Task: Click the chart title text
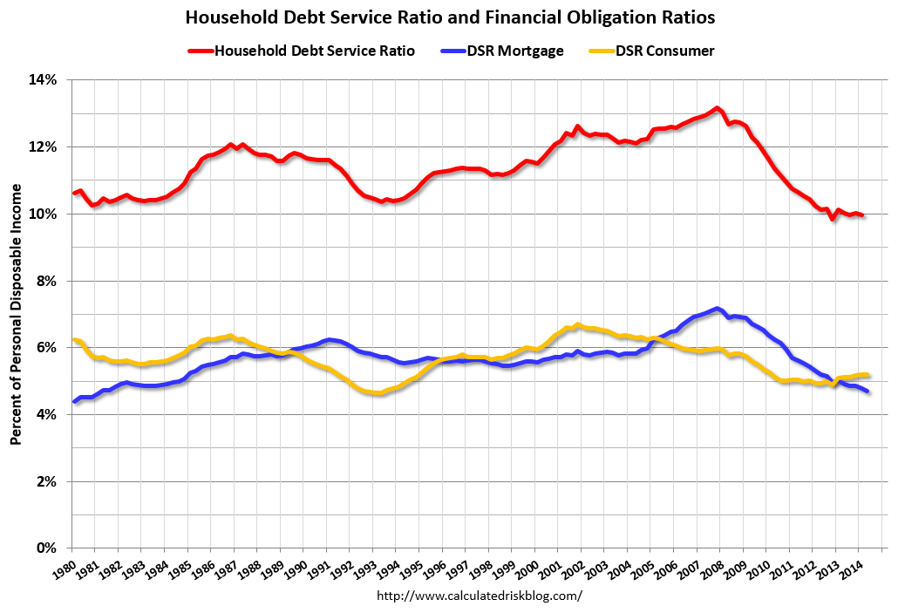(452, 17)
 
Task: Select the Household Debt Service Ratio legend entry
(301, 51)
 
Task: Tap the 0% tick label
(47, 548)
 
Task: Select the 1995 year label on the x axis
(415, 568)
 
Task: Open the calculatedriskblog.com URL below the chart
(479, 596)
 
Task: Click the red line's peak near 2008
(716, 108)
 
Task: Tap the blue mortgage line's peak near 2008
(716, 309)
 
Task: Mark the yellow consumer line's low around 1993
(377, 394)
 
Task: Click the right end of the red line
(863, 215)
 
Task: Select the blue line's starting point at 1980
(72, 402)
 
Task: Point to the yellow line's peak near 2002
(577, 324)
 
